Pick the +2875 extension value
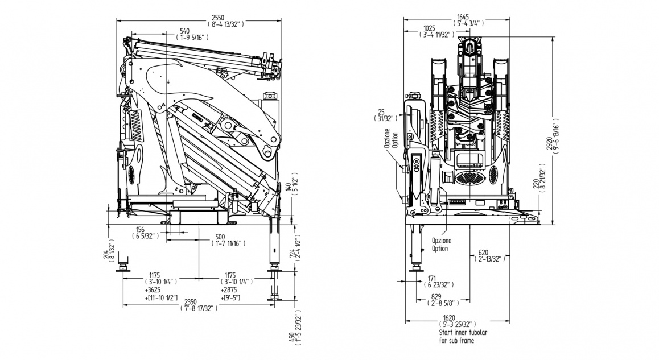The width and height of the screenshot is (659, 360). tap(230, 289)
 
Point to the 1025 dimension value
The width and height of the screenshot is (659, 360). tap(430, 28)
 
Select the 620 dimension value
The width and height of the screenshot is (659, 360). tap(483, 252)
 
